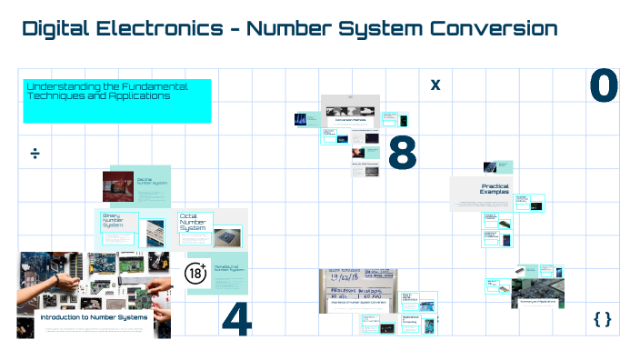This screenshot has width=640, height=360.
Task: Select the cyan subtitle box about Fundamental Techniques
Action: click(117, 100)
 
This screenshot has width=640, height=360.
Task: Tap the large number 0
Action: click(604, 87)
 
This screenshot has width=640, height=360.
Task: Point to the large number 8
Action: click(402, 154)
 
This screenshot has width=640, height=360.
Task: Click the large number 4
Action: click(236, 317)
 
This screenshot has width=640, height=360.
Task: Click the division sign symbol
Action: click(35, 153)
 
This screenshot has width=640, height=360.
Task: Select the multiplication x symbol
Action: click(435, 85)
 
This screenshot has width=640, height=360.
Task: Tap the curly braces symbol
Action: click(602, 319)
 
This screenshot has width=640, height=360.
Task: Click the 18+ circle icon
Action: click(196, 274)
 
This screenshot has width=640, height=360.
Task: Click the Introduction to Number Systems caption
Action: click(94, 317)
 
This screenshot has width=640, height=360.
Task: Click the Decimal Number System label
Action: click(151, 182)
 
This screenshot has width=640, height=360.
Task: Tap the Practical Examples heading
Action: click(495, 189)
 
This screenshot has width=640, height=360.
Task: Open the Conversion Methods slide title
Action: click(350, 119)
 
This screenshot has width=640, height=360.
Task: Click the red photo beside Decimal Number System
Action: click(118, 186)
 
